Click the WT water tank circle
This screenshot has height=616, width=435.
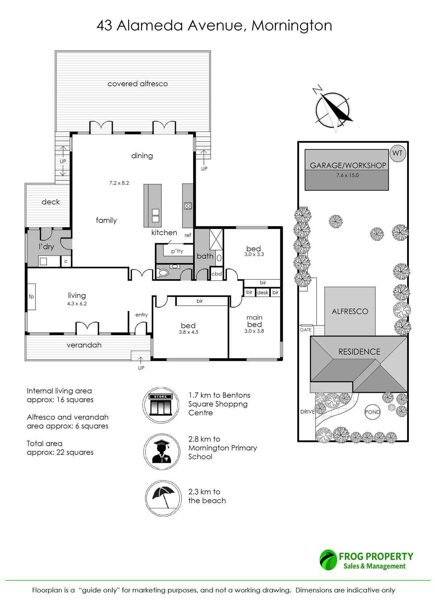point(397,154)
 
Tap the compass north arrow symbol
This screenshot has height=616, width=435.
point(333,109)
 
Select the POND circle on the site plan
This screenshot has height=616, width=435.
point(372,412)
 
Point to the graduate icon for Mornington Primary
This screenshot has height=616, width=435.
point(161,452)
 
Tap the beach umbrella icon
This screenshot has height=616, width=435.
point(163,498)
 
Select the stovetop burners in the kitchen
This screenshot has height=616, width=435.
point(188,206)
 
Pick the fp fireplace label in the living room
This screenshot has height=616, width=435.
point(31,297)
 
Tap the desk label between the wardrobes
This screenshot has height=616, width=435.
point(262,293)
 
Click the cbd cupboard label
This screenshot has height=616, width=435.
point(216,274)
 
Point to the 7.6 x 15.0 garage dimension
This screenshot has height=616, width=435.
point(347,175)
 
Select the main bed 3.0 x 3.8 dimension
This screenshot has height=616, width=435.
point(254,331)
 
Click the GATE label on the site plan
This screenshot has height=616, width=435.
point(306,330)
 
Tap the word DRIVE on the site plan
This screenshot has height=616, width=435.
point(307,412)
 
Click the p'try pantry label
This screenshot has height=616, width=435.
point(177,251)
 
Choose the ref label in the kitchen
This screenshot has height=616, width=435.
point(188,235)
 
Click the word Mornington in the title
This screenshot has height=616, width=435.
point(292,26)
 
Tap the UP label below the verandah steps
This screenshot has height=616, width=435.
point(141,368)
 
